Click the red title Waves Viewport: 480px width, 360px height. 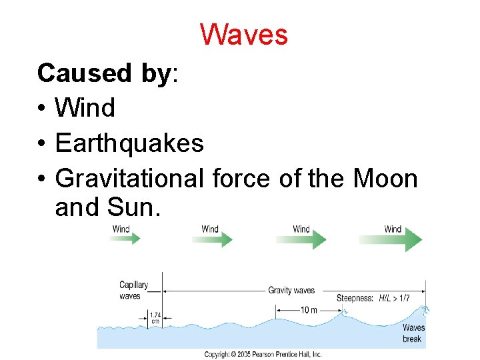tap(244, 35)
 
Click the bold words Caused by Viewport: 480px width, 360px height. tap(104, 73)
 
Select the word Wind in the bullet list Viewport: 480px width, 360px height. tap(85, 107)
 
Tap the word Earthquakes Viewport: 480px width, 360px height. tap(129, 143)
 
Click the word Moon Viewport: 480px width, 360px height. tap(385, 178)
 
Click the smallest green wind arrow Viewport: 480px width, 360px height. tap(125, 238)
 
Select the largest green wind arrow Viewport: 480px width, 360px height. tap(391, 238)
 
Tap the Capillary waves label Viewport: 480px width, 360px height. tap(133, 291)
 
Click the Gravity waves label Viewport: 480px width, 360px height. tap(291, 291)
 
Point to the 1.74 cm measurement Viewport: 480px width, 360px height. tap(155, 318)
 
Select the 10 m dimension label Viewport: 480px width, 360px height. tap(308, 310)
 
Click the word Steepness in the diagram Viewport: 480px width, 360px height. tap(355, 298)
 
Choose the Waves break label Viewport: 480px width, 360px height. tap(413, 333)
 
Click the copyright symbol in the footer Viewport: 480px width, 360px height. tap(233, 355)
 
